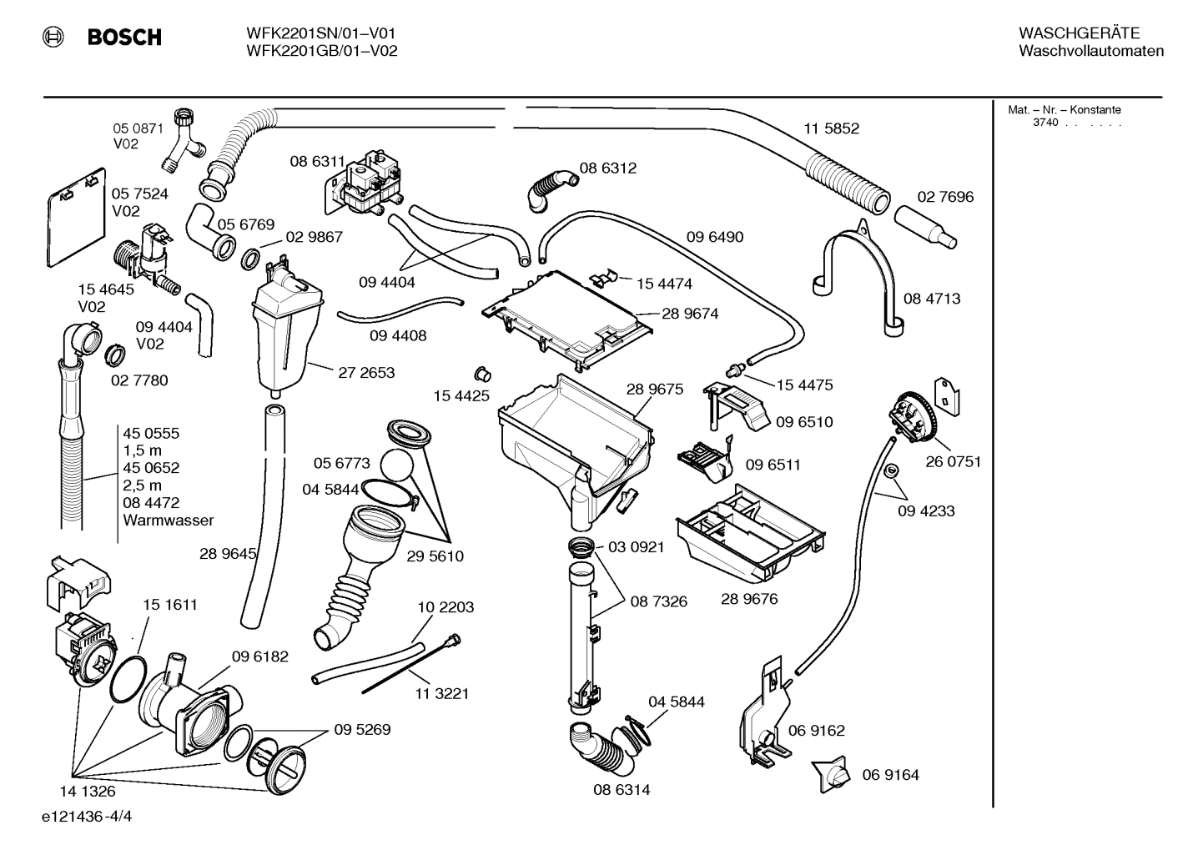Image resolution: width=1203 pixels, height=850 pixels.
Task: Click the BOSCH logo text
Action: click(124, 38)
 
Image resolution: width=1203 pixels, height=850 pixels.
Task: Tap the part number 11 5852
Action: click(831, 128)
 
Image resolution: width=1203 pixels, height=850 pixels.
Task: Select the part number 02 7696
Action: click(945, 197)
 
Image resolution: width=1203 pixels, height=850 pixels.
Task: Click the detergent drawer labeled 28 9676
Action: click(751, 534)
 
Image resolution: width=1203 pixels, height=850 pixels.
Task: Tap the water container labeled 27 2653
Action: click(285, 334)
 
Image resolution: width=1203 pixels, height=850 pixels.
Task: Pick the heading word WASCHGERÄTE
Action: click(1079, 33)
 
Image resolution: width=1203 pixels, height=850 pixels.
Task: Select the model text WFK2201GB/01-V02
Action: click(321, 51)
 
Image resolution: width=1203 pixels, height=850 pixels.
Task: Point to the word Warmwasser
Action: click(168, 521)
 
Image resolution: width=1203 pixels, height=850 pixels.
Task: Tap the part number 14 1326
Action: click(87, 792)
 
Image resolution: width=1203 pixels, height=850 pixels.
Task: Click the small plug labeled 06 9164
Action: click(832, 775)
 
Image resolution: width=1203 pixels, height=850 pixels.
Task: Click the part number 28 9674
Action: click(690, 314)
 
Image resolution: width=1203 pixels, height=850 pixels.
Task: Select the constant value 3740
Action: click(1044, 123)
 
